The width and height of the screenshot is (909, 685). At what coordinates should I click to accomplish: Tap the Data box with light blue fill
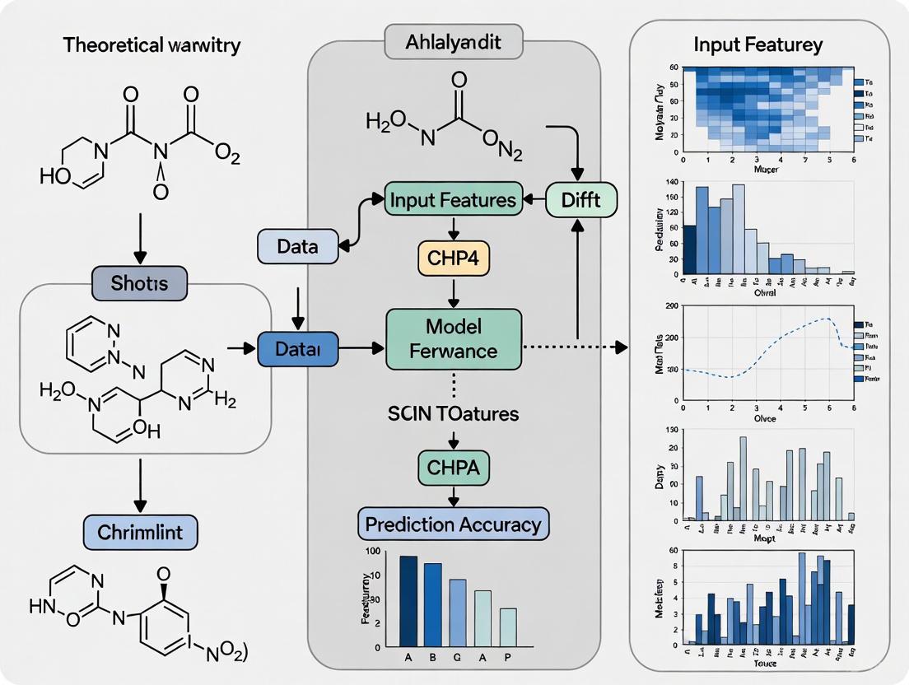pos(298,245)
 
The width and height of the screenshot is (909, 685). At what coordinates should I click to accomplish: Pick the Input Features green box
pos(452,199)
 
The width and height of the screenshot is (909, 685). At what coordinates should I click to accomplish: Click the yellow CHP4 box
pos(452,260)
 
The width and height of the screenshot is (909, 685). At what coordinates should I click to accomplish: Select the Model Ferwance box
pos(454,339)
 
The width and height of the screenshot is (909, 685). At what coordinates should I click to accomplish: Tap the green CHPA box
pos(453,468)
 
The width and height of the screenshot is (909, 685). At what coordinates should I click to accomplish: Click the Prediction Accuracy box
pos(453,524)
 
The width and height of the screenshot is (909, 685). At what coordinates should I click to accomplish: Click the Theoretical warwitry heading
pos(151,44)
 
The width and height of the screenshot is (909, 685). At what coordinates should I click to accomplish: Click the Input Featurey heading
pos(758,44)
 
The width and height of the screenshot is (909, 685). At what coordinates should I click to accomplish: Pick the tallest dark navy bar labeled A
pos(408,601)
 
